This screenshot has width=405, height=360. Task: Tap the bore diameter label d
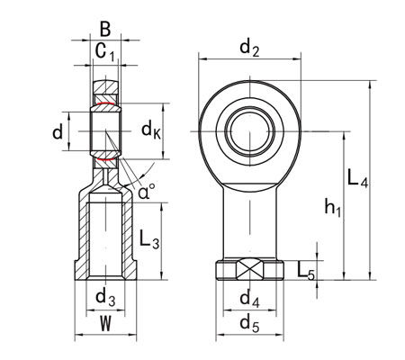(x=58, y=133)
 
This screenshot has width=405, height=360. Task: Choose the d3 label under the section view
(x=105, y=295)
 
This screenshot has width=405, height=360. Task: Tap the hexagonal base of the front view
(x=249, y=270)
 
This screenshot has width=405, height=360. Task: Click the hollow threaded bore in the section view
(x=106, y=234)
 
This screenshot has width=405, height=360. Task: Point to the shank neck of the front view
(x=249, y=216)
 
